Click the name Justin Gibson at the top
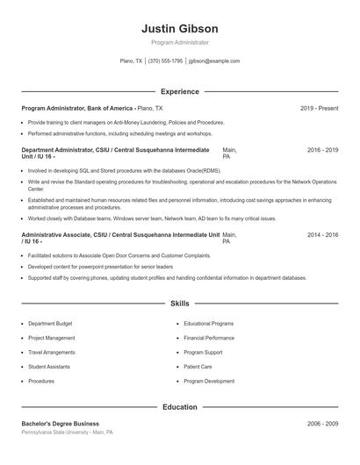pyautogui.click(x=179, y=28)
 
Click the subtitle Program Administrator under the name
pyautogui.click(x=179, y=42)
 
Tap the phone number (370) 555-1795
pyautogui.click(x=165, y=61)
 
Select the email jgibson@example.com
pyautogui.click(x=214, y=61)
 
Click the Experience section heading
pyautogui.click(x=179, y=91)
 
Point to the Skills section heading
pyautogui.click(x=179, y=304)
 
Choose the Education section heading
pyautogui.click(x=179, y=407)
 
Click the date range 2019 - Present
pyautogui.click(x=319, y=108)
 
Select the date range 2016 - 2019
pyautogui.click(x=322, y=150)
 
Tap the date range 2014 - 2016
pyautogui.click(x=322, y=235)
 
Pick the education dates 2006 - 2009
pyautogui.click(x=322, y=424)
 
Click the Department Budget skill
pyautogui.click(x=49, y=324)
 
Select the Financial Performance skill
pyautogui.click(x=209, y=338)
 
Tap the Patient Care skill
pyautogui.click(x=198, y=367)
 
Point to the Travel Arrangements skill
pyautogui.click(x=53, y=353)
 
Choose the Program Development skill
pyautogui.click(x=209, y=382)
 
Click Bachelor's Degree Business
pyautogui.click(x=61, y=424)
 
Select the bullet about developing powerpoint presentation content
pyautogui.click(x=88, y=266)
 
